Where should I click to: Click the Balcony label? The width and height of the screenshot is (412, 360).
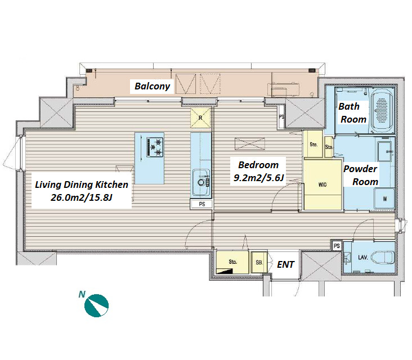[152, 86]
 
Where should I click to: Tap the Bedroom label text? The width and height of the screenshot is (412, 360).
[258, 165]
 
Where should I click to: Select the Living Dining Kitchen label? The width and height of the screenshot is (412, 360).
[82, 184]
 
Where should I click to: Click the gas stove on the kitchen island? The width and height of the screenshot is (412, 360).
[155, 147]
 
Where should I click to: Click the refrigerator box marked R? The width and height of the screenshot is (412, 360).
[200, 118]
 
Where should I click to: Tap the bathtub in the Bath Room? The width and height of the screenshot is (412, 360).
[382, 110]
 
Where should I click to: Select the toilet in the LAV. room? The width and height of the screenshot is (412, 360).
[383, 257]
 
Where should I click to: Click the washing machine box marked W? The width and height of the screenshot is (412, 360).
[384, 199]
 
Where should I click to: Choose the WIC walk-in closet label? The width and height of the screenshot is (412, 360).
[323, 184]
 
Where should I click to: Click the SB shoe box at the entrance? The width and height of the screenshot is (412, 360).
[259, 262]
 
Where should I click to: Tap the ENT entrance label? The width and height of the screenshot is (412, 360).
[285, 264]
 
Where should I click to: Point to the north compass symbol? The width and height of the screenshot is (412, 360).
[96, 305]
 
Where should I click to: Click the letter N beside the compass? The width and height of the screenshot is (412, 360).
[82, 294]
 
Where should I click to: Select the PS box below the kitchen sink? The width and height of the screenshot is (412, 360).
[201, 204]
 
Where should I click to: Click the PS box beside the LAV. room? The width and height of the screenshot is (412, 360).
[337, 246]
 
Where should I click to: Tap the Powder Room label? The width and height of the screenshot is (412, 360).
[360, 175]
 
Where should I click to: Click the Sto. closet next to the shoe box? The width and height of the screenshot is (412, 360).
[232, 262]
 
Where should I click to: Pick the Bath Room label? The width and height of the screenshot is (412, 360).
[352, 112]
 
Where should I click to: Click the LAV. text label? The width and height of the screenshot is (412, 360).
[362, 257]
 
